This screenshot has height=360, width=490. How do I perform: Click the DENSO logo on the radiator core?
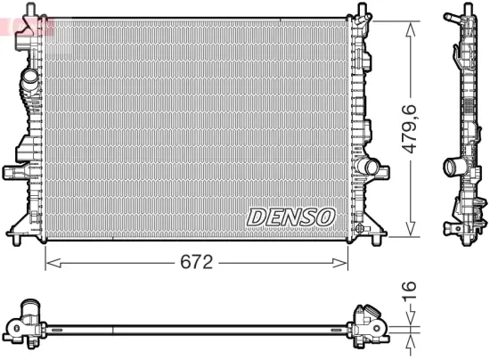tap(290, 217)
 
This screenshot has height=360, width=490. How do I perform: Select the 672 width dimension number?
tap(196, 262)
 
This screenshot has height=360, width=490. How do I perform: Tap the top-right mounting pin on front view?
tap(363, 12)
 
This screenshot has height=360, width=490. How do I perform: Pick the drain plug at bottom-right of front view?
tap(360, 230)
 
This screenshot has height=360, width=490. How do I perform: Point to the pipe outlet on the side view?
tap(452, 167)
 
